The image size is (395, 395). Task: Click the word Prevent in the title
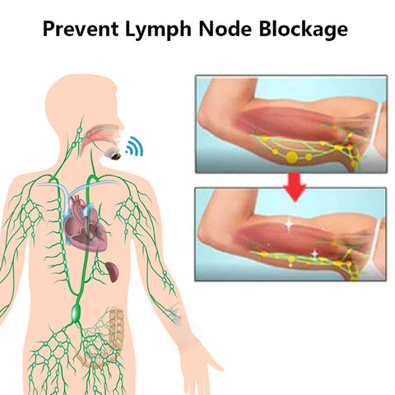coord(81,29)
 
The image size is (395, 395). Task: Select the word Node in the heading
coord(225,29)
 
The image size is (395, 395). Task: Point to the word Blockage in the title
coord(304,30)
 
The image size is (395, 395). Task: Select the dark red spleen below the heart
coord(112,272)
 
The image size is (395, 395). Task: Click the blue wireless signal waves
coord(134,146)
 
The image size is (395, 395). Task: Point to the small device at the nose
coord(113,154)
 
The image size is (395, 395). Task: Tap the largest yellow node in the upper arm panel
coord(291,157)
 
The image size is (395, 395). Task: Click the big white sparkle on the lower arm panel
coord(289,225)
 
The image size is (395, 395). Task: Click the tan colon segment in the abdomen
coord(116,328)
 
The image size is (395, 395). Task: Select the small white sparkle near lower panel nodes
coord(315,254)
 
